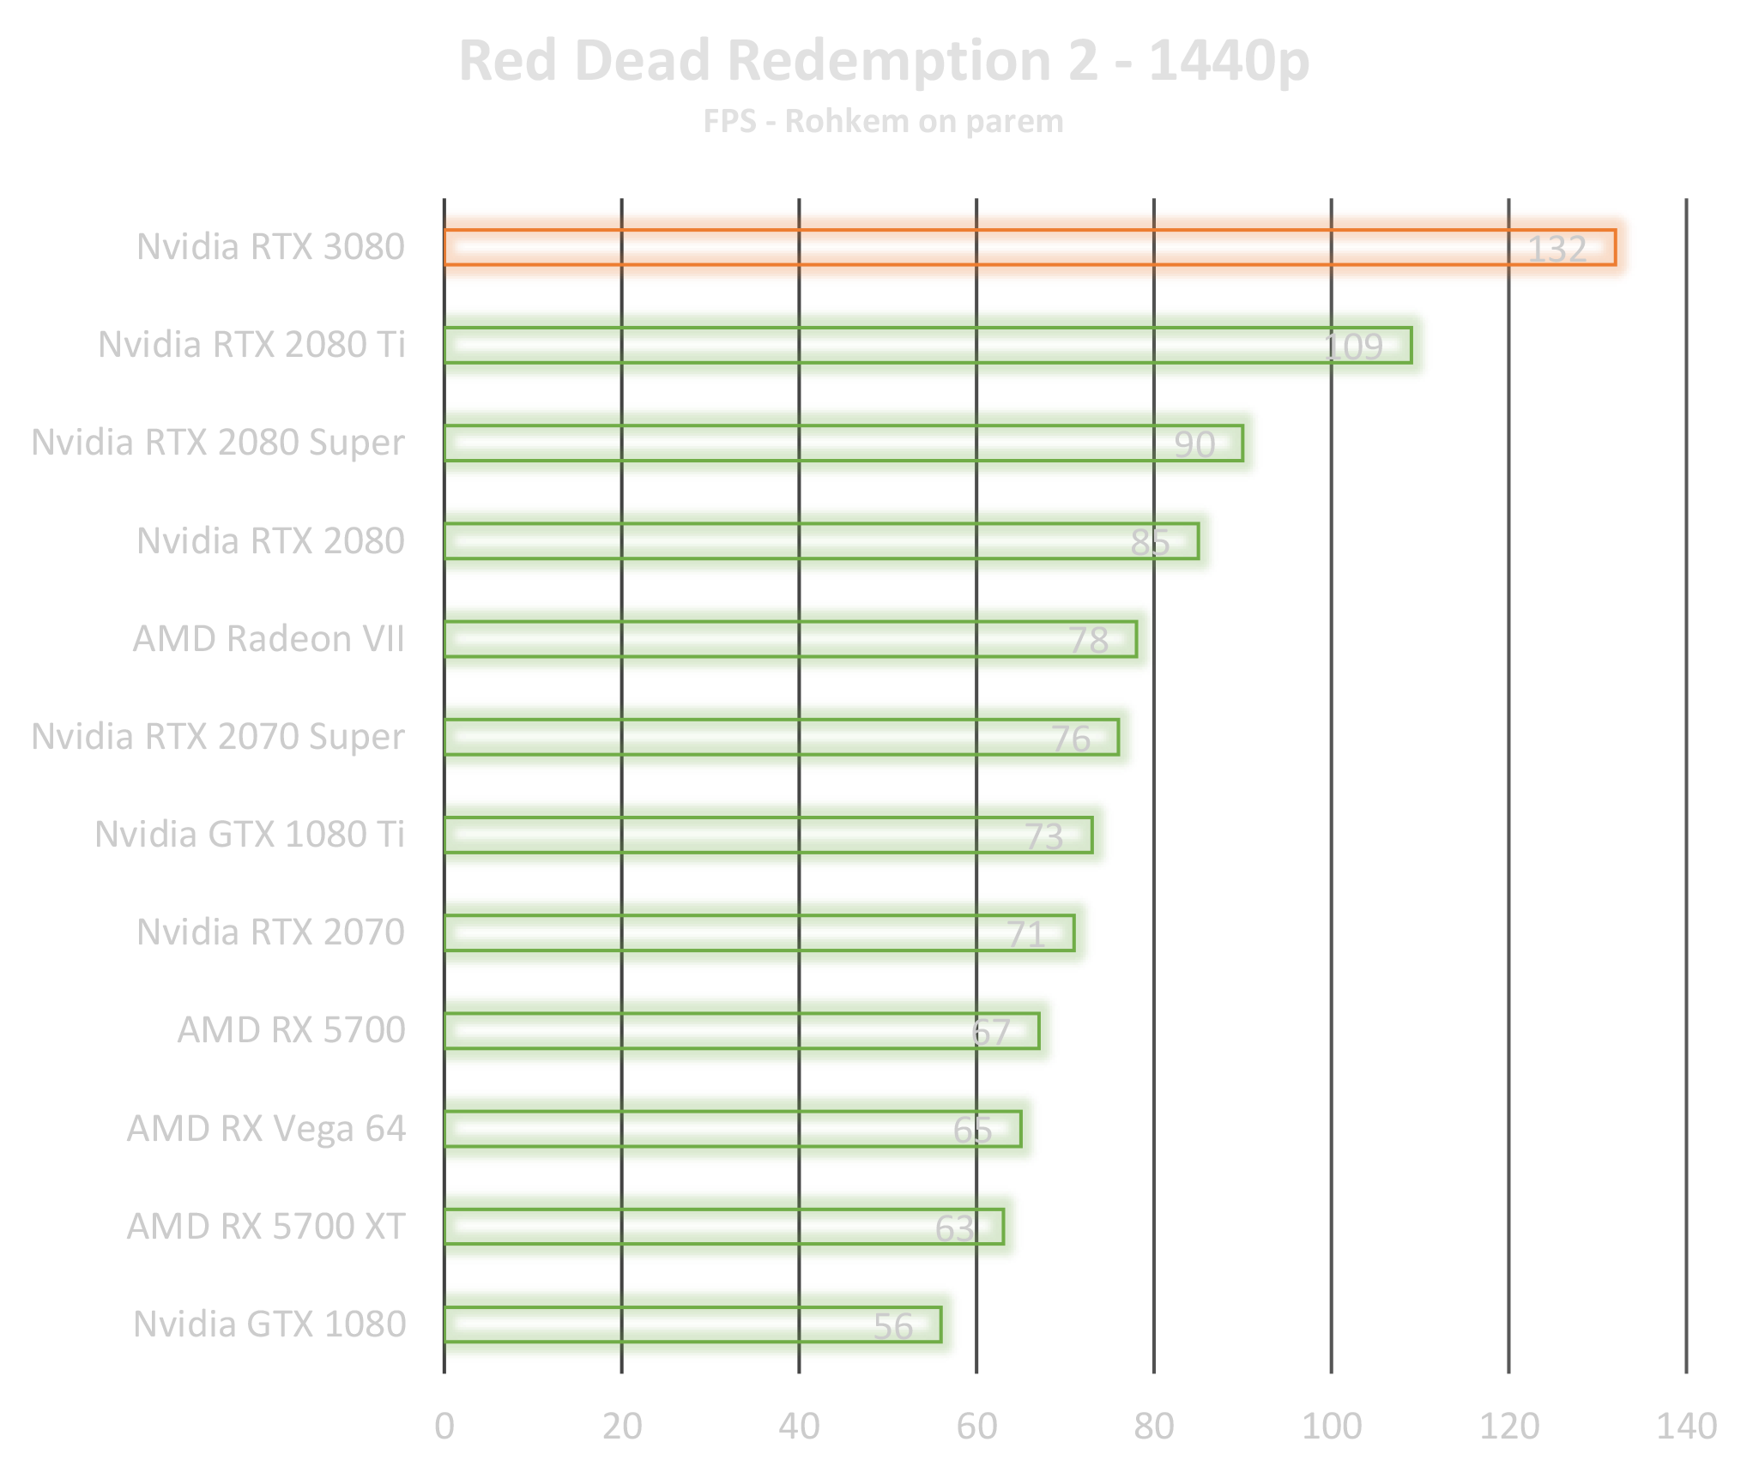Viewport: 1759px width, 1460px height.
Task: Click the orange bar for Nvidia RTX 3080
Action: click(x=944, y=247)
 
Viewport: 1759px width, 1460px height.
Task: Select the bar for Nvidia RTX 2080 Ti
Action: click(x=858, y=345)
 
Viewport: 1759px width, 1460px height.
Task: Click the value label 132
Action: click(x=1557, y=249)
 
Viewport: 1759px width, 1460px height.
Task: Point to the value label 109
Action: click(x=1352, y=347)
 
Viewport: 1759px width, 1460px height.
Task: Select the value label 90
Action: click(x=1194, y=444)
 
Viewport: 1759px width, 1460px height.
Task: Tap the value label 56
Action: click(x=892, y=1326)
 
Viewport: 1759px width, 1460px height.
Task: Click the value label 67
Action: click(x=990, y=1032)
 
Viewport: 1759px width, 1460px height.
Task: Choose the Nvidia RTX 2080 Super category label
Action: click(x=219, y=443)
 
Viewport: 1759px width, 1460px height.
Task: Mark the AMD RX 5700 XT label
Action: click(x=266, y=1226)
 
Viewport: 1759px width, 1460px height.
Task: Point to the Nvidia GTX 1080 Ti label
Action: click(x=250, y=834)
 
